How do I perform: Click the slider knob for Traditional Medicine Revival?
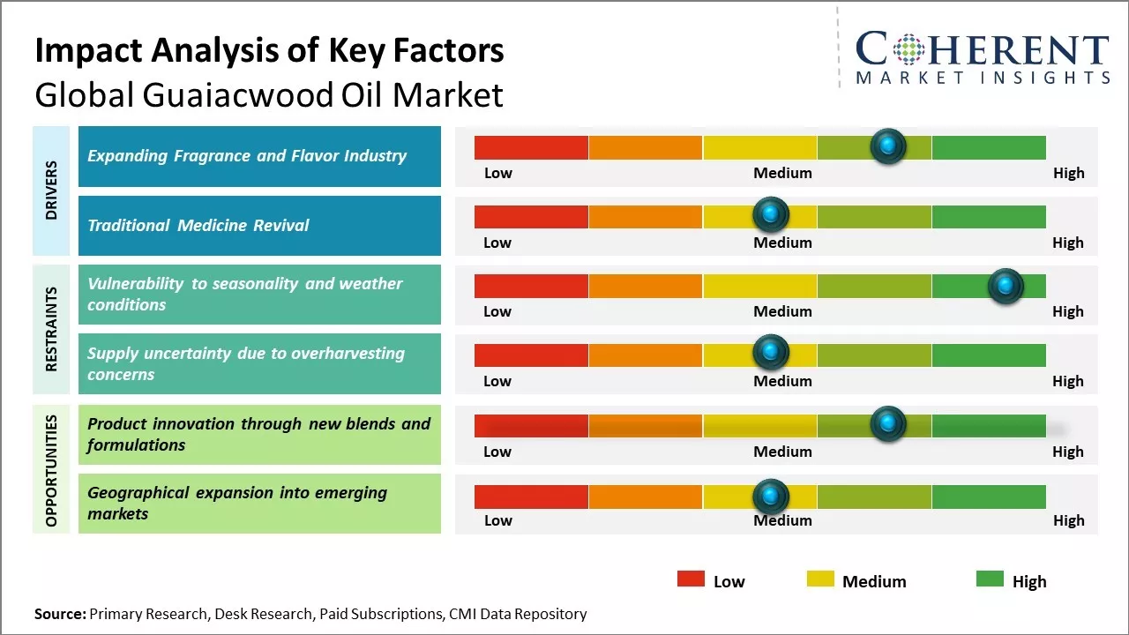[x=771, y=213]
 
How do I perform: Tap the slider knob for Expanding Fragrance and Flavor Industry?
[x=887, y=146]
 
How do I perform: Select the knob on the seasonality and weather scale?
[x=1005, y=285]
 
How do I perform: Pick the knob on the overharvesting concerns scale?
[x=771, y=352]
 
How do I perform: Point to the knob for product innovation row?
[x=887, y=423]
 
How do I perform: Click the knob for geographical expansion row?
[x=771, y=496]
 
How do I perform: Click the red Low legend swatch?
[x=691, y=579]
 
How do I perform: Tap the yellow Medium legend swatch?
[x=820, y=579]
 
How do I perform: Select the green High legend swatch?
[x=990, y=579]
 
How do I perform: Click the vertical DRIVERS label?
[x=51, y=190]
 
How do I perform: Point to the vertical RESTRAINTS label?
[x=51, y=328]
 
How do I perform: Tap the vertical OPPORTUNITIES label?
[x=51, y=470]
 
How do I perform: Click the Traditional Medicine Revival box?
[x=259, y=226]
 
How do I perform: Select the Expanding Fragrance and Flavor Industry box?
[x=259, y=156]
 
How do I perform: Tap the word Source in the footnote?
[x=60, y=614]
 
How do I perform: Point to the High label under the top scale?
[x=1068, y=173]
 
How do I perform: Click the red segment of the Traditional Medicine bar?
[x=531, y=216]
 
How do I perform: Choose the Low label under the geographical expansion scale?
[x=497, y=520]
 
